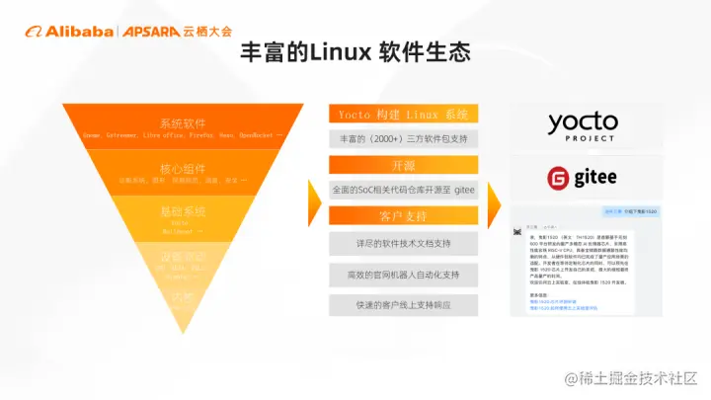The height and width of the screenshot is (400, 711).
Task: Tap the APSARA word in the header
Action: (150, 31)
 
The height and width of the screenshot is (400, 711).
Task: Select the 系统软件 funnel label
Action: (184, 123)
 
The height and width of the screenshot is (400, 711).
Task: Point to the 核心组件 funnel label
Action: (184, 168)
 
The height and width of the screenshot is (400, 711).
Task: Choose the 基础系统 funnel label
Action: (184, 211)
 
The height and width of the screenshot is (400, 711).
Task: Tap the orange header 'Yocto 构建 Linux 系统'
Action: (403, 114)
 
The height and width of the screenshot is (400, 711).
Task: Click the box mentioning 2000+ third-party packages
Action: (403, 138)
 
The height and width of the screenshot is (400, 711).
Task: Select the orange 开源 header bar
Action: (403, 164)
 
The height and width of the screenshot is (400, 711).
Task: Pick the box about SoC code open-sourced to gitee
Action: (403, 189)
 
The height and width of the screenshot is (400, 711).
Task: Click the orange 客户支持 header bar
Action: (403, 214)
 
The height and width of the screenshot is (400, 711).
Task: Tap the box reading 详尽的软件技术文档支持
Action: (403, 243)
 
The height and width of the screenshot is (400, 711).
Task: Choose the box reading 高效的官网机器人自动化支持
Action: (403, 275)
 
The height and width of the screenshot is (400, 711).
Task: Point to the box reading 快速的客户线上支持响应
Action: (403, 305)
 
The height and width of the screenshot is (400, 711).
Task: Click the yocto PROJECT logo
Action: (583, 125)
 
